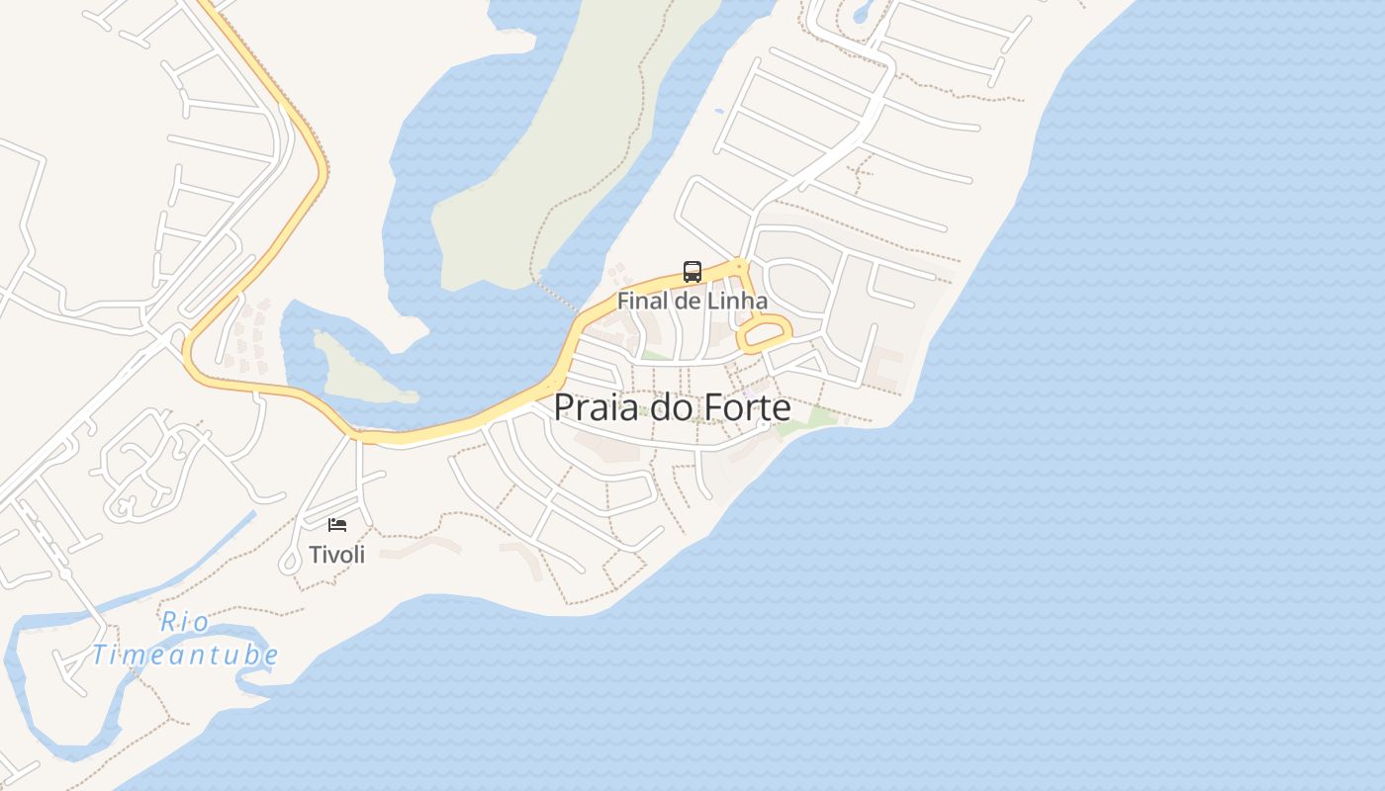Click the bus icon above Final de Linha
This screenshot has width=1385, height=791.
click(692, 272)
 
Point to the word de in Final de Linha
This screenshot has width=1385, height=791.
click(687, 301)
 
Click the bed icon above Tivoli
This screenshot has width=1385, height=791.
click(337, 524)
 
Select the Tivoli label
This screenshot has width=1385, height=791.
click(337, 555)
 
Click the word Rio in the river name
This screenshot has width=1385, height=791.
click(185, 622)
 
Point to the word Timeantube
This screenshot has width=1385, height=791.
click(185, 655)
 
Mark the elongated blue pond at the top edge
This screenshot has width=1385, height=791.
click(861, 12)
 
